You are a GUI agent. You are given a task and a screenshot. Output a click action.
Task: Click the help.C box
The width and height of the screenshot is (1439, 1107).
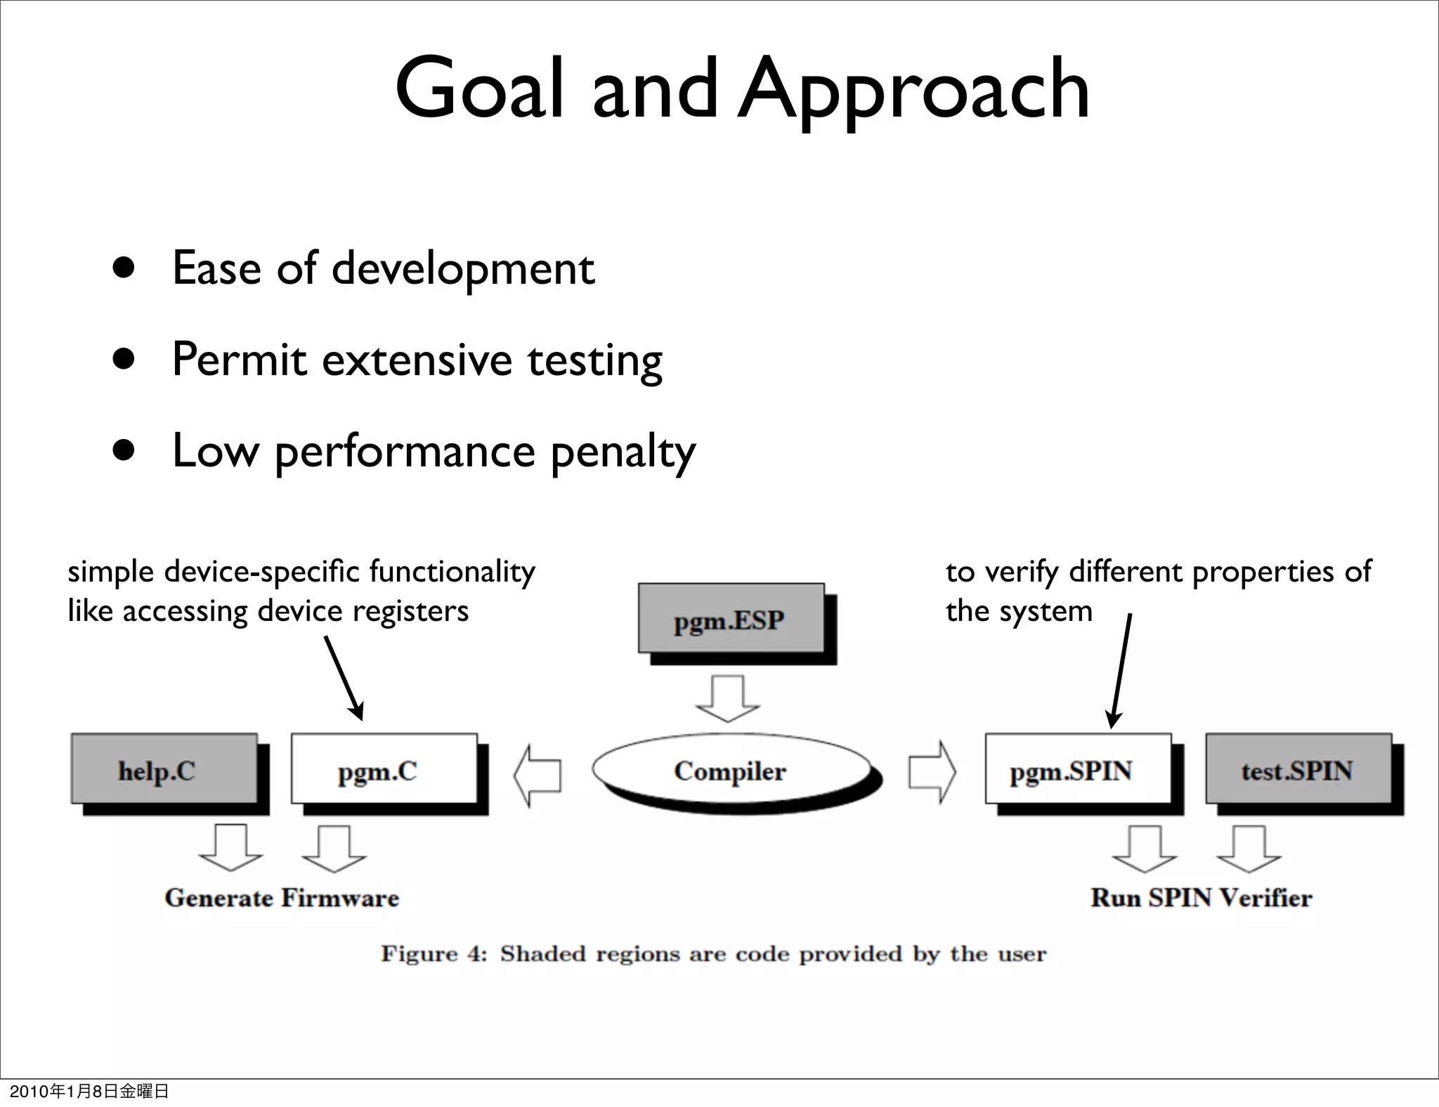164,769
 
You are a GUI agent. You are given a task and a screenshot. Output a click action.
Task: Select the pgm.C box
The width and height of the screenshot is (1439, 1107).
384,769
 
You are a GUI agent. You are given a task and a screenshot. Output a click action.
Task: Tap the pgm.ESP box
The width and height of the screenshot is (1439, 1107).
731,618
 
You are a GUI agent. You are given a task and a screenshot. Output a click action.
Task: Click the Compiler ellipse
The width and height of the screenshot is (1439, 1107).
731,771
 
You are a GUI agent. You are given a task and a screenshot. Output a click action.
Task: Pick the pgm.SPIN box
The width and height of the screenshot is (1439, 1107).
1078,769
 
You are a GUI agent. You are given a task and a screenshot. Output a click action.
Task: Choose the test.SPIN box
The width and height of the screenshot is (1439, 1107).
1298,769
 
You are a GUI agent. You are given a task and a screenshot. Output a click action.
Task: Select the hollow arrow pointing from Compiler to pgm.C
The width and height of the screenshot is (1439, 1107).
538,775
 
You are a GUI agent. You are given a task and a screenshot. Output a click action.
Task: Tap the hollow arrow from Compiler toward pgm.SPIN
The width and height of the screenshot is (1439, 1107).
932,772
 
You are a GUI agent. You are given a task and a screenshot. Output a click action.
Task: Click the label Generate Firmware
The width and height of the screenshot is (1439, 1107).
282,898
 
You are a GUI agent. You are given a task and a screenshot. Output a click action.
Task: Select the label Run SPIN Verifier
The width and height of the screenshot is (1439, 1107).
1201,898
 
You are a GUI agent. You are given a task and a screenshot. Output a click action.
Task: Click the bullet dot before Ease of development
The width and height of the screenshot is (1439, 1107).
124,268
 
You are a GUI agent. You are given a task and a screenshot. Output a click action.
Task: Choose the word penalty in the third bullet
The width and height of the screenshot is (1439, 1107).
623,452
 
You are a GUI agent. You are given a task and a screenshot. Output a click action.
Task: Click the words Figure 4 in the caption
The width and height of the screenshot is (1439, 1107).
434,954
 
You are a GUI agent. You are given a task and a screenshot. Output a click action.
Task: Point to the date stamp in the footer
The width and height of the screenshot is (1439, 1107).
89,1091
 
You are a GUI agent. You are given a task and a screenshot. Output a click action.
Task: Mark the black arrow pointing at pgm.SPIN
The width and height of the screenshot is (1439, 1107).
1121,671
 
